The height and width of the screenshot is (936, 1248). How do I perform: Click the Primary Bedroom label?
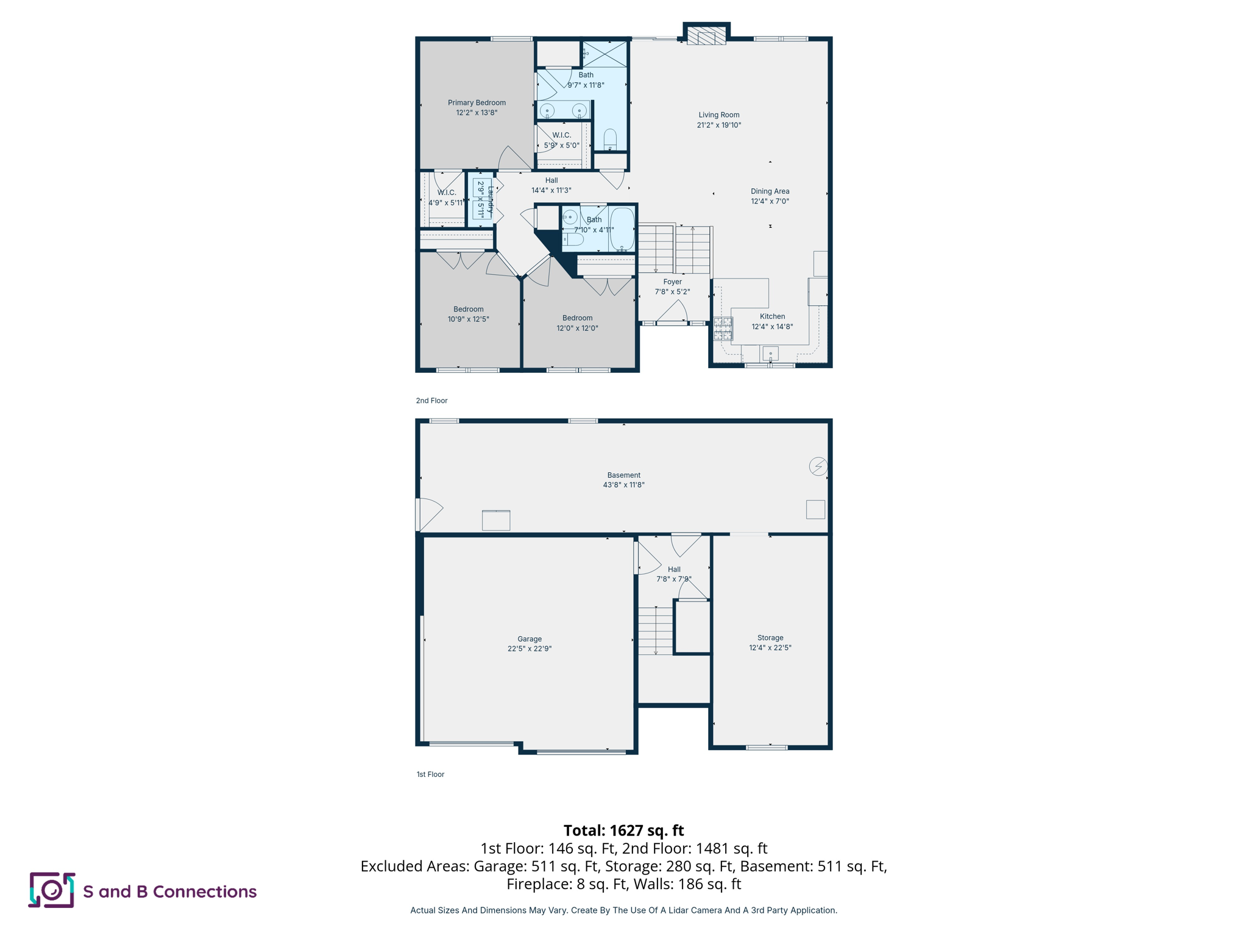click(x=477, y=102)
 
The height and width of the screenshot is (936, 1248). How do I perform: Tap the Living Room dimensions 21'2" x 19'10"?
click(x=718, y=125)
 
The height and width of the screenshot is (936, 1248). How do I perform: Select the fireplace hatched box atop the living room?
click(x=706, y=36)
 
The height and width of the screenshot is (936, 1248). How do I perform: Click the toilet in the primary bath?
click(x=610, y=140)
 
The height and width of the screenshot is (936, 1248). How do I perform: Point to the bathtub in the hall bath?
click(x=622, y=230)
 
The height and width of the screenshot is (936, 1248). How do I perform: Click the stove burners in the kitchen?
click(x=723, y=328)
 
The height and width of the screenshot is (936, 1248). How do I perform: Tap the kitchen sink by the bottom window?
click(x=770, y=353)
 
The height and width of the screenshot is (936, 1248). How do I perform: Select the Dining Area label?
click(x=770, y=191)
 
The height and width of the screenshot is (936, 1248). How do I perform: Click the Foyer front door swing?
click(x=673, y=311)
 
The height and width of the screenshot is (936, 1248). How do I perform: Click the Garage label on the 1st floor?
click(x=529, y=639)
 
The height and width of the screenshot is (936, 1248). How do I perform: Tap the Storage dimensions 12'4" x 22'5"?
click(x=770, y=648)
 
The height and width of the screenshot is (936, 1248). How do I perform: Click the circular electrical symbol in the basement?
click(x=818, y=466)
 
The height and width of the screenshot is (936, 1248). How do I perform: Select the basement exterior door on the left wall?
click(x=428, y=514)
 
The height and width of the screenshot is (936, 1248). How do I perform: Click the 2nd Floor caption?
click(x=431, y=400)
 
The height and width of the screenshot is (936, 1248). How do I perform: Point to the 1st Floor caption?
click(x=430, y=774)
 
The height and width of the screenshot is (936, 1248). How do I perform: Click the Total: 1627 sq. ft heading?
click(x=623, y=830)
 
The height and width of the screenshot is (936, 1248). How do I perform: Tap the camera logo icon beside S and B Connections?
click(x=52, y=890)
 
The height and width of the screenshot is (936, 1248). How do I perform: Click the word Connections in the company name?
click(x=204, y=892)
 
